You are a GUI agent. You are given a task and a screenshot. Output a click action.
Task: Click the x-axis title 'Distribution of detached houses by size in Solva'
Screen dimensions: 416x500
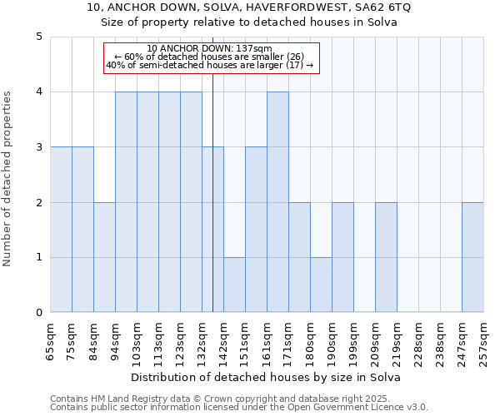[267, 377]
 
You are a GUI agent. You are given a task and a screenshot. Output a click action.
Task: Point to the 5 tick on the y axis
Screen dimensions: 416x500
[38, 37]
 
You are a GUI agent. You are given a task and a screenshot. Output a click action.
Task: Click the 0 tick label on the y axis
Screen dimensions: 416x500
[38, 313]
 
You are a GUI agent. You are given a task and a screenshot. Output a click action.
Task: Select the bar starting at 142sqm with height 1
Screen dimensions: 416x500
[234, 285]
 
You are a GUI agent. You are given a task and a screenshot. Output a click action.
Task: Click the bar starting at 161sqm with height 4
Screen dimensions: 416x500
[277, 202]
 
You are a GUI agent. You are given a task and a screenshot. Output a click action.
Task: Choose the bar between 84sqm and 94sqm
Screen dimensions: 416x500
[104, 258]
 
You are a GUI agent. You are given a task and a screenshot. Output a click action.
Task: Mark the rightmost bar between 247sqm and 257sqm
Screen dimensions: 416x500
[472, 258]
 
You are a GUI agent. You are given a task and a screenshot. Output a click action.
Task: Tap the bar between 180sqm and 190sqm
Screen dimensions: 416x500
[321, 285]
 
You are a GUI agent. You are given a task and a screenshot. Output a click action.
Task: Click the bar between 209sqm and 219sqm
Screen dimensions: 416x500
[386, 258]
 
